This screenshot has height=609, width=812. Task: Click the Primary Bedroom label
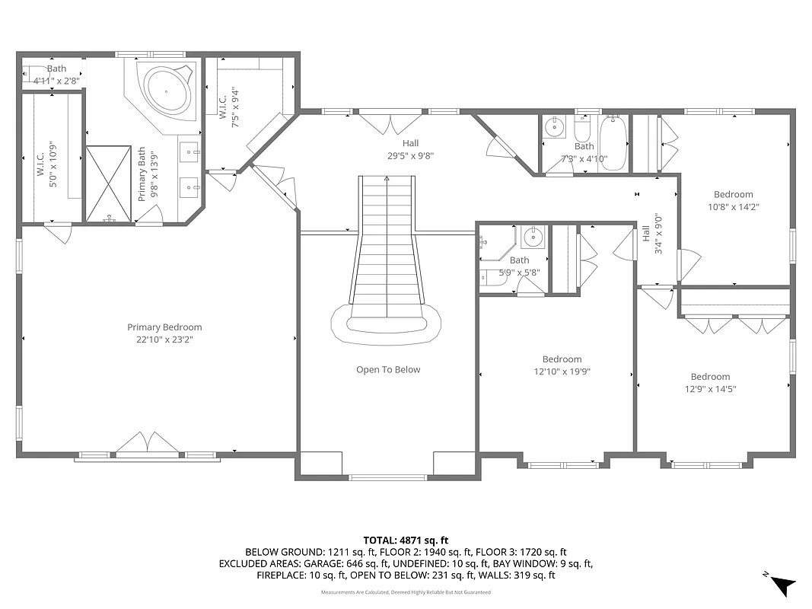(x=164, y=333)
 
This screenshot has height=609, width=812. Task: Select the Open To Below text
(x=388, y=370)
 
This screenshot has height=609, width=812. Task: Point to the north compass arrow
(x=782, y=585)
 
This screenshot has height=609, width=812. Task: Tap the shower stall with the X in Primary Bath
(x=109, y=183)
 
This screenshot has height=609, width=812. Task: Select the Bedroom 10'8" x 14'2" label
(x=733, y=200)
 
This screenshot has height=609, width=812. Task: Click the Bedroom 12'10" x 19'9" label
(x=562, y=365)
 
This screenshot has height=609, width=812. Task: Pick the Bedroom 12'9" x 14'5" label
(x=710, y=382)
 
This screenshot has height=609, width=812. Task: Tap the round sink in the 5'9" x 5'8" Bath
(x=536, y=238)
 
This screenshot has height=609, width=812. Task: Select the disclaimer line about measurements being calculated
(x=406, y=591)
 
